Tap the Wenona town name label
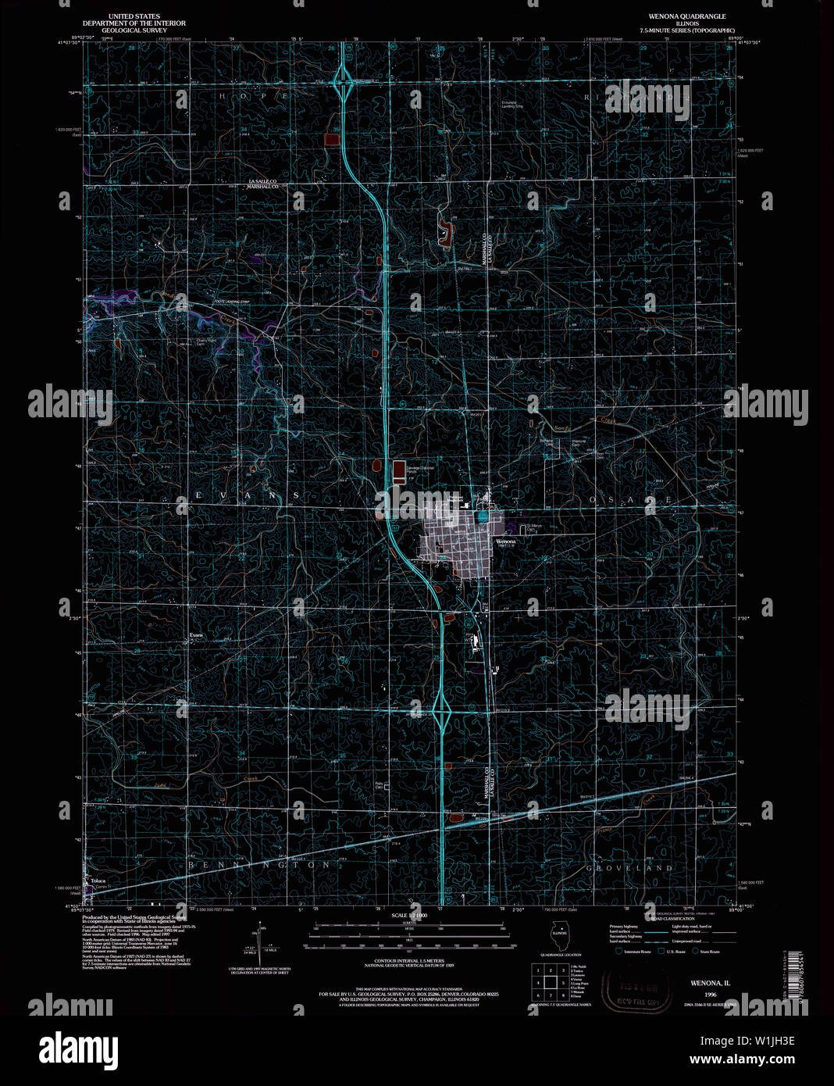505,541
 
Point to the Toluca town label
98,881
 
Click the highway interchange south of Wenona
441,713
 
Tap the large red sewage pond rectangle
399,468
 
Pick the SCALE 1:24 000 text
410,915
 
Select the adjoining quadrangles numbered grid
550,983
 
